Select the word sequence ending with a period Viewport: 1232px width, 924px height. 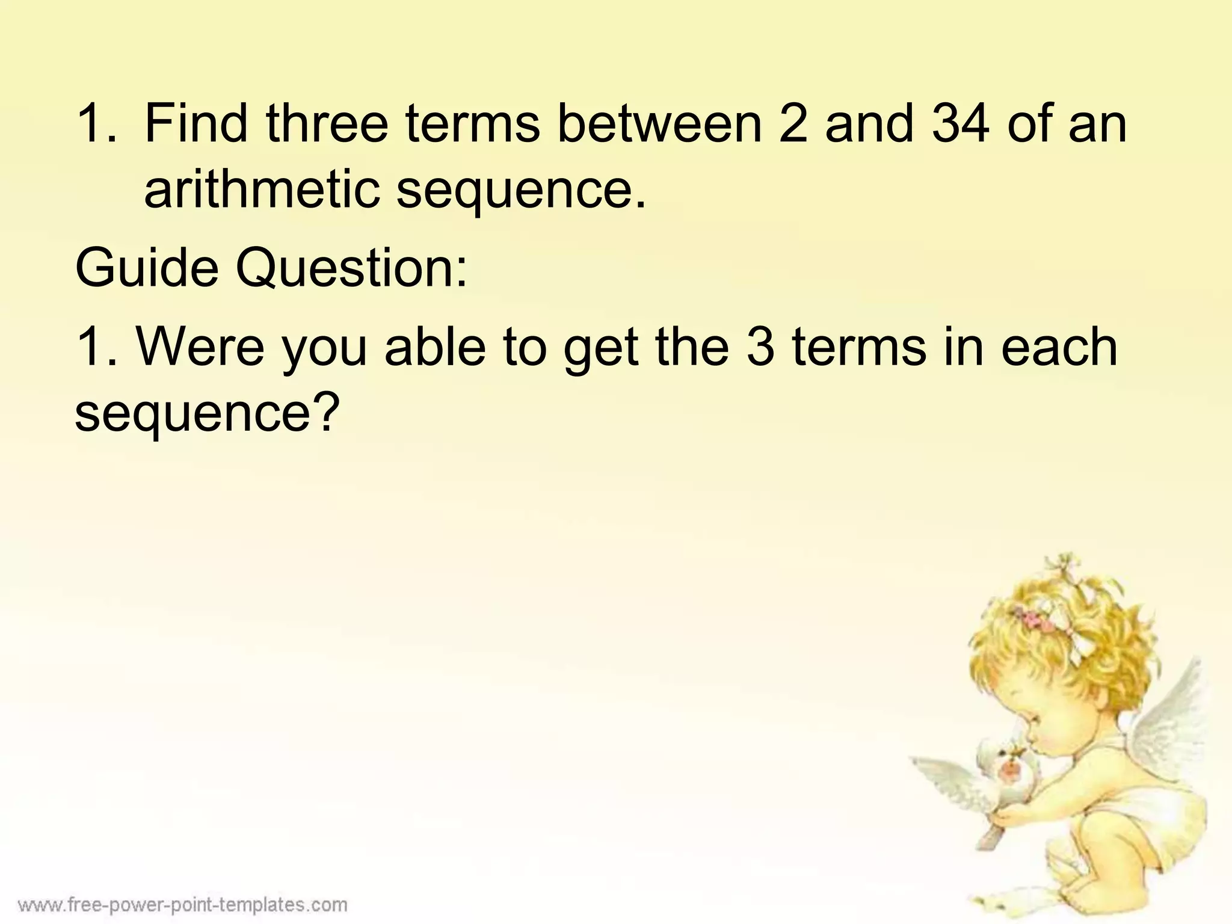520,191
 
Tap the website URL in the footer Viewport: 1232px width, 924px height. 182,905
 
